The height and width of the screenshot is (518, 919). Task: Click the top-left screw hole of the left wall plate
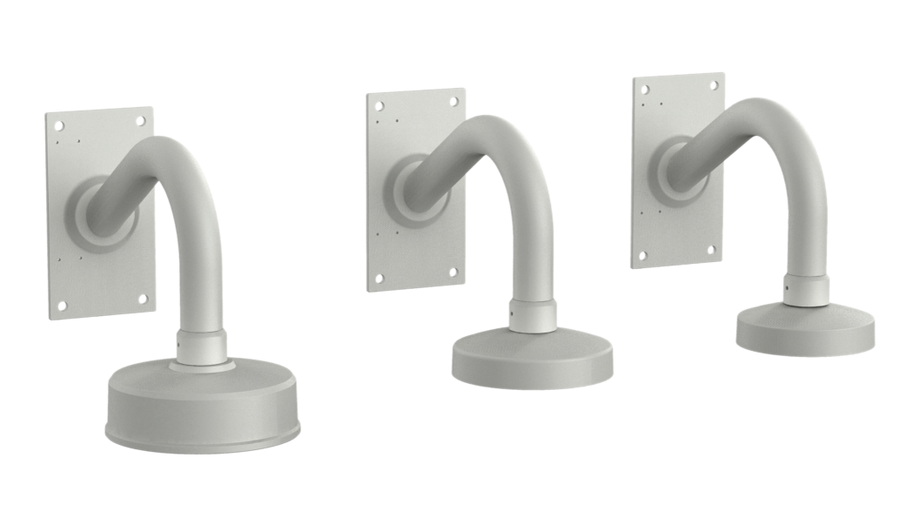click(59, 126)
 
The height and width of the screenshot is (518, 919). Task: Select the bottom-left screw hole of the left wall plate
click(63, 305)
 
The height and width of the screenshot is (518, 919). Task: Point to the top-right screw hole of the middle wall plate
click(453, 101)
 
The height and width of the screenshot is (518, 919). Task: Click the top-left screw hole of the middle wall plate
click(379, 105)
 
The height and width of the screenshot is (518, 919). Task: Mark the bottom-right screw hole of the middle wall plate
click(453, 272)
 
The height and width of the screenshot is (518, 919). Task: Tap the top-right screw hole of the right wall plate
click(714, 85)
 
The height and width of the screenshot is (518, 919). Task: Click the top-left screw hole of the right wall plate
click(643, 90)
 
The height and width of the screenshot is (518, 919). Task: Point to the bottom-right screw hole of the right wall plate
click(712, 251)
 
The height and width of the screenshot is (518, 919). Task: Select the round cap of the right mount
click(805, 331)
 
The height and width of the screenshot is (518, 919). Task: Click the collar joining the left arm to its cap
click(201, 346)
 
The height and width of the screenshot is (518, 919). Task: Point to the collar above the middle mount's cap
click(532, 315)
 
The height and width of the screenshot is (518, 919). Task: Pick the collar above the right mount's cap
click(805, 289)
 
